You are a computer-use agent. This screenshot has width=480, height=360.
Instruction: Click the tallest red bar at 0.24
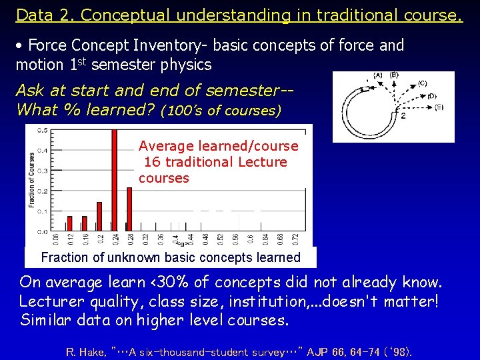point(115,180)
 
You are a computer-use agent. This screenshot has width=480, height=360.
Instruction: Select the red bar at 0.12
point(69,223)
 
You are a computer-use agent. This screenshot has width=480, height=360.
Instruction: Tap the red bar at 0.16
point(84,223)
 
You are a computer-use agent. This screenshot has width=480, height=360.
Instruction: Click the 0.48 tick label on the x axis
point(205,239)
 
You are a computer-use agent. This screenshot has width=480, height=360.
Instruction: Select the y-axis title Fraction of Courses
point(31,180)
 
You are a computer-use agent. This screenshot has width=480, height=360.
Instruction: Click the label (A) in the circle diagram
point(377,75)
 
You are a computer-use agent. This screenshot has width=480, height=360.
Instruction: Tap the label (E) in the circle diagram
point(439,107)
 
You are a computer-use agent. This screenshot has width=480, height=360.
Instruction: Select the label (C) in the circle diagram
point(423,83)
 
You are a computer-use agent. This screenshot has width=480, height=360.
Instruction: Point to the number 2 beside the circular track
point(403,115)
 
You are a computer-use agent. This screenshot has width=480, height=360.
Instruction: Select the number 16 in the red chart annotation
point(152,162)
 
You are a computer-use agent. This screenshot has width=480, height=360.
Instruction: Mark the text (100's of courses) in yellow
point(221,110)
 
